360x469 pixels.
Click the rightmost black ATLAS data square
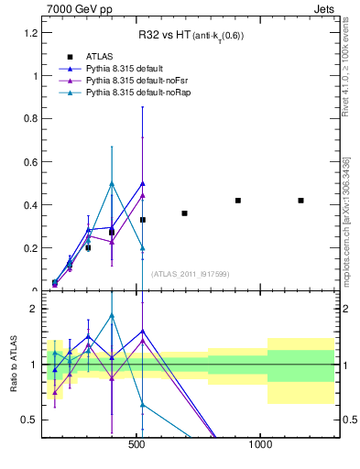300,201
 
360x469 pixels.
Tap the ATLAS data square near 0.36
184,213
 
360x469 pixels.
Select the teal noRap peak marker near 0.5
112,183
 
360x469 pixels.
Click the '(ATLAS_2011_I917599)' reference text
190,273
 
